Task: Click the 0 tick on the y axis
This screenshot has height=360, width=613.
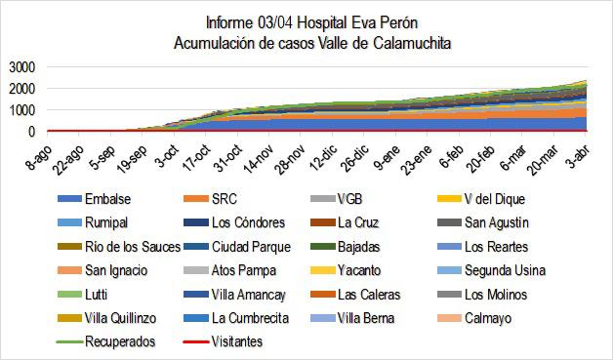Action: coord(32,132)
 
